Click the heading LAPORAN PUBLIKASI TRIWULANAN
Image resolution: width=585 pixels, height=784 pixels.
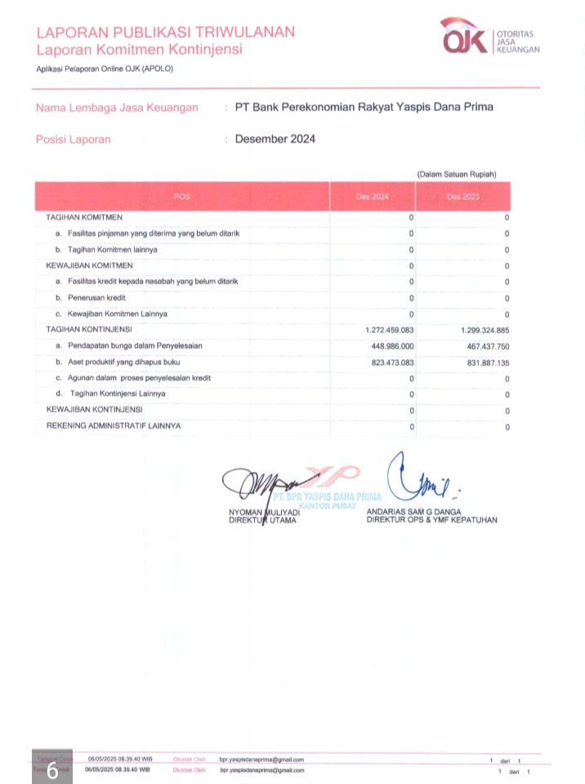[x=166, y=32]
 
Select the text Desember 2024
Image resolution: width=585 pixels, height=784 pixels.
[x=275, y=139]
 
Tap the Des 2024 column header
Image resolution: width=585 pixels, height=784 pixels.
[x=372, y=197]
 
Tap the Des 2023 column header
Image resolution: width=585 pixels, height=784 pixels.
[x=462, y=197]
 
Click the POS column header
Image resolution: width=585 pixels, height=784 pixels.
[x=181, y=197]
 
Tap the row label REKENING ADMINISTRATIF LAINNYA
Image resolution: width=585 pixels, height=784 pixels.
[x=114, y=425]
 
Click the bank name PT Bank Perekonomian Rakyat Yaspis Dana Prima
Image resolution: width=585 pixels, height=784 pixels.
[x=364, y=107]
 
